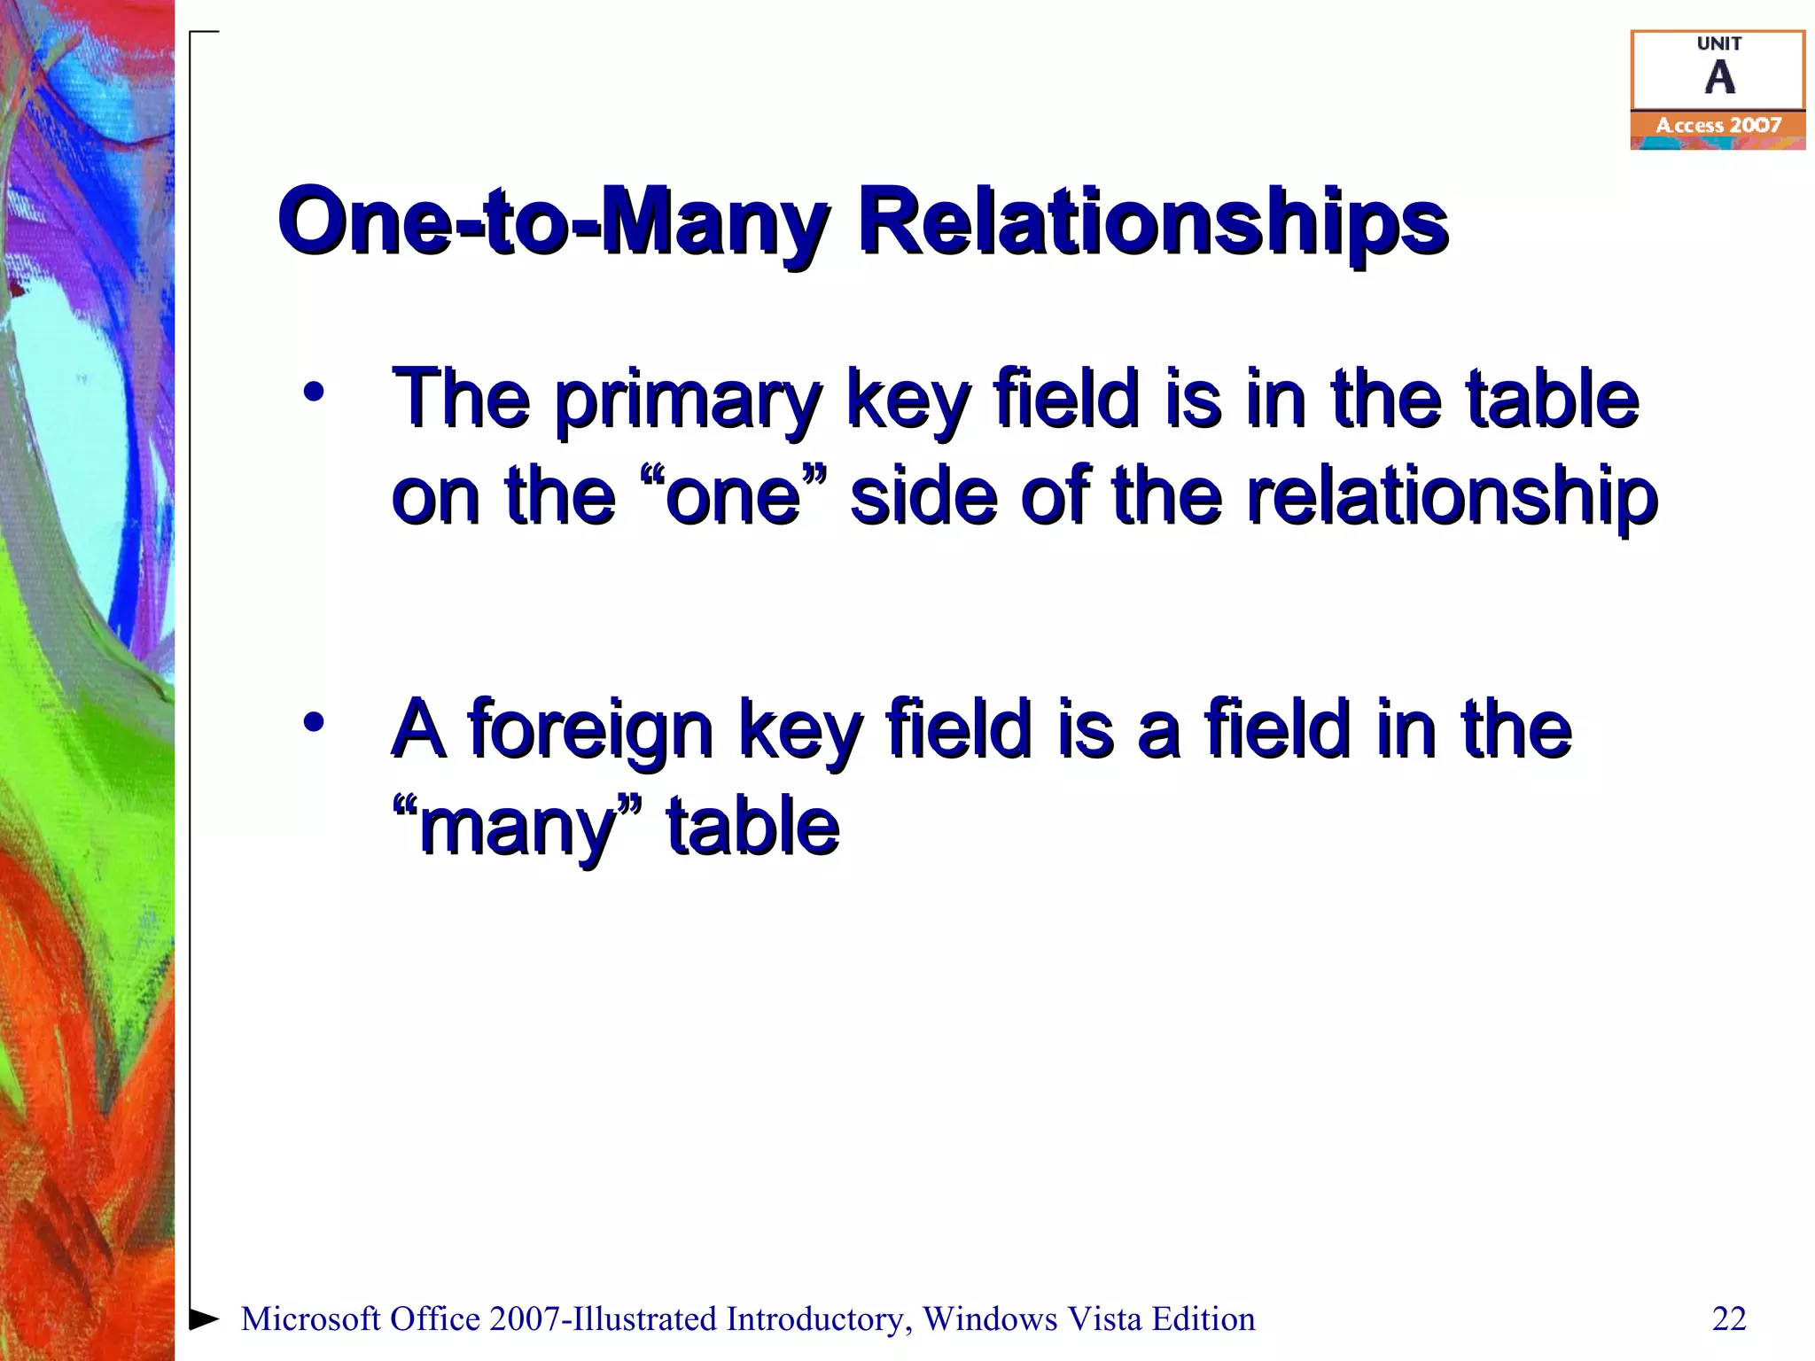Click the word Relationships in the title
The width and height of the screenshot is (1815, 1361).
(x=1152, y=222)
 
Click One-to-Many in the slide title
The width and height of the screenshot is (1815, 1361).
(x=554, y=222)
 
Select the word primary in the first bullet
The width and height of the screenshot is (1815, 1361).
(x=689, y=401)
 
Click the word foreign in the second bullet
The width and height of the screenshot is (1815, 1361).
(x=590, y=731)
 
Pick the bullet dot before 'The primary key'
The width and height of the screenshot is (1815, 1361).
(x=313, y=392)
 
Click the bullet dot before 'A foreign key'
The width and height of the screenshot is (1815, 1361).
(x=313, y=722)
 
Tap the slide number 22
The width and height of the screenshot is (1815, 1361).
(x=1728, y=1318)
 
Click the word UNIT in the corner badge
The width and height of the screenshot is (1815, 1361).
(x=1718, y=43)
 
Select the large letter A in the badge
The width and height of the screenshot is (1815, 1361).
(x=1719, y=78)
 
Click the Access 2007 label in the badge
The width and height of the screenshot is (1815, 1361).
(x=1718, y=126)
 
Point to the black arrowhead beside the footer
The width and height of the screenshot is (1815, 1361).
(x=204, y=1318)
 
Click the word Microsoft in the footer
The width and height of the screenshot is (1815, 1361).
(x=311, y=1319)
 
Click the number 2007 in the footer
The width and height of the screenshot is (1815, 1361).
(x=524, y=1319)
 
